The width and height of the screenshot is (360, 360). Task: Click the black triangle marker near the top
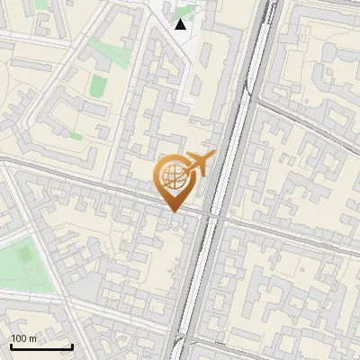(x=181, y=24)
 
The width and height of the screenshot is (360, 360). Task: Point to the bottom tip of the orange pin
(x=171, y=211)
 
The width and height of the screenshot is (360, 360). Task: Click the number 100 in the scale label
(x=19, y=338)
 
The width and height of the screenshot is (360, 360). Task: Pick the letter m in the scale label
(x=32, y=338)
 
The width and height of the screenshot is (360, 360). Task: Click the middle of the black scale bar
(x=41, y=346)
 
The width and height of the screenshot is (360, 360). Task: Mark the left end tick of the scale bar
(x=11, y=346)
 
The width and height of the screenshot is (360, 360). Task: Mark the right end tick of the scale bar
(x=72, y=346)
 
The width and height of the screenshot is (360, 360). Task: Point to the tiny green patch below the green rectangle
(x=76, y=136)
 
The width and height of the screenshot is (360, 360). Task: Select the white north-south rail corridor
(x=216, y=180)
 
